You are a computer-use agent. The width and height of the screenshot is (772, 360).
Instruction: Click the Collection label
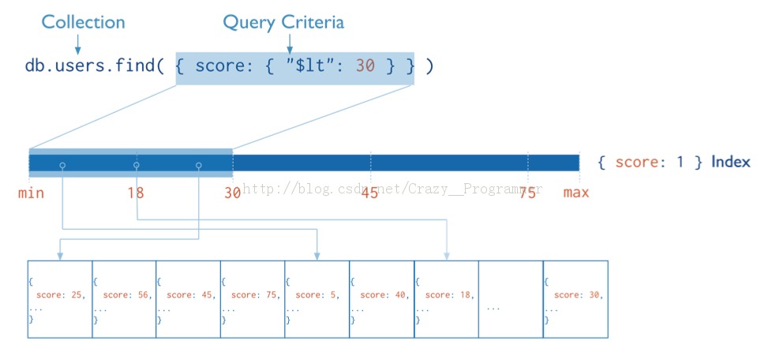tap(83, 22)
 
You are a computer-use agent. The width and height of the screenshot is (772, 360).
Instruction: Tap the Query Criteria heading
tap(283, 22)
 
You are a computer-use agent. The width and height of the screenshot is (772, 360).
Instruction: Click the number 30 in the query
tap(365, 66)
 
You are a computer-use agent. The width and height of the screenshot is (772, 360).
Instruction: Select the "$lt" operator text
tap(311, 66)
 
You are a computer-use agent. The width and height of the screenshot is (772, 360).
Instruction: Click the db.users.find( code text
tap(95, 66)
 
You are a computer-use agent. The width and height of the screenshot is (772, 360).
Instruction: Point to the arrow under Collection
tap(77, 45)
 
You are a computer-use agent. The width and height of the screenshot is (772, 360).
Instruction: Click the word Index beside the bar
tap(731, 162)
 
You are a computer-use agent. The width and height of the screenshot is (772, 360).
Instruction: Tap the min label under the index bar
tap(31, 193)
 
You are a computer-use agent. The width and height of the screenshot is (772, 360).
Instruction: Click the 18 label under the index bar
tap(136, 193)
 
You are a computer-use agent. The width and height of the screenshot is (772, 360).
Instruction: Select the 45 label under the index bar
tap(369, 193)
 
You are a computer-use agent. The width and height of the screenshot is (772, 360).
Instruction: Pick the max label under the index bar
tap(576, 192)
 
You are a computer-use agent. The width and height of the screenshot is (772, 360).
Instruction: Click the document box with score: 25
tap(59, 299)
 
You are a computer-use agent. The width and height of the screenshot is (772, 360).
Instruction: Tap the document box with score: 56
tap(124, 299)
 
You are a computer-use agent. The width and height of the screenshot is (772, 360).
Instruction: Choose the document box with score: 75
tap(253, 299)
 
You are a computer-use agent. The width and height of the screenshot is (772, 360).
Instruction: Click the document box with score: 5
tap(317, 299)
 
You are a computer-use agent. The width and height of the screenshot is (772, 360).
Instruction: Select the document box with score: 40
tap(381, 299)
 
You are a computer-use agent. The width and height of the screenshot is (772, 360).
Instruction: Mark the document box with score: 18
tap(446, 299)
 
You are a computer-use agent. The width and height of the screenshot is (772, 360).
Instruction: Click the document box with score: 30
tap(575, 299)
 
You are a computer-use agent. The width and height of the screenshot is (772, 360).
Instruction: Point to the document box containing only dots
tap(511, 299)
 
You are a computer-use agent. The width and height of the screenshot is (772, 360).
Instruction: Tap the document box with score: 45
tap(188, 299)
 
